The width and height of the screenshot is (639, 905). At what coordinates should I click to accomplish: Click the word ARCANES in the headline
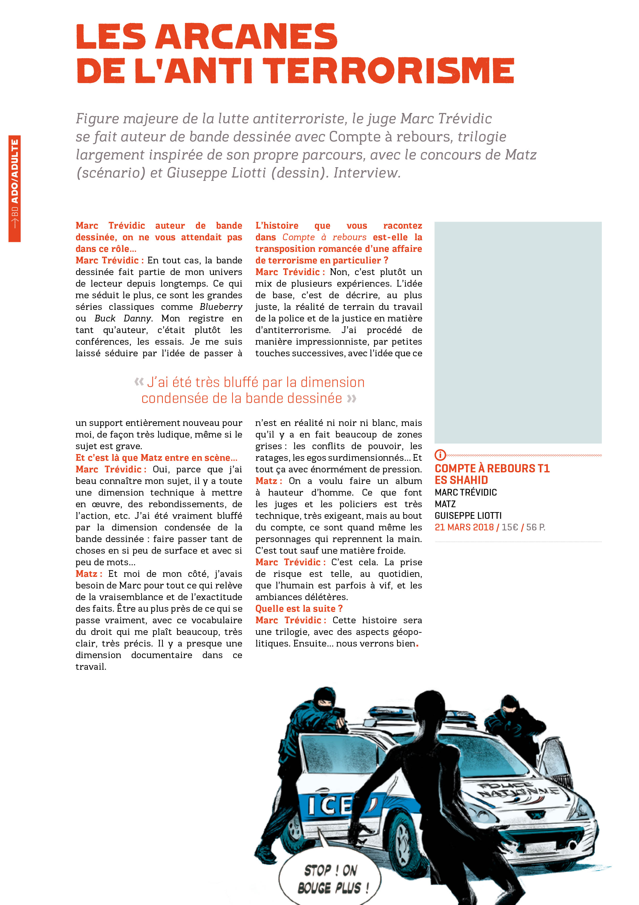247,36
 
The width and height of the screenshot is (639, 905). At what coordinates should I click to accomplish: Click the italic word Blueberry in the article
221,307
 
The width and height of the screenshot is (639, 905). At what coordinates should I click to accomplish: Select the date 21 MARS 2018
464,527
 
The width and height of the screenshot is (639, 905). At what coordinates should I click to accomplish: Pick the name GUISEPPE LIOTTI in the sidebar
468,515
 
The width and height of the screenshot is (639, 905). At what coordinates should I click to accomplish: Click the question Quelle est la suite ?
299,609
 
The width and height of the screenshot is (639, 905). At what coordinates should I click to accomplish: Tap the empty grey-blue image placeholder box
518,332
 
